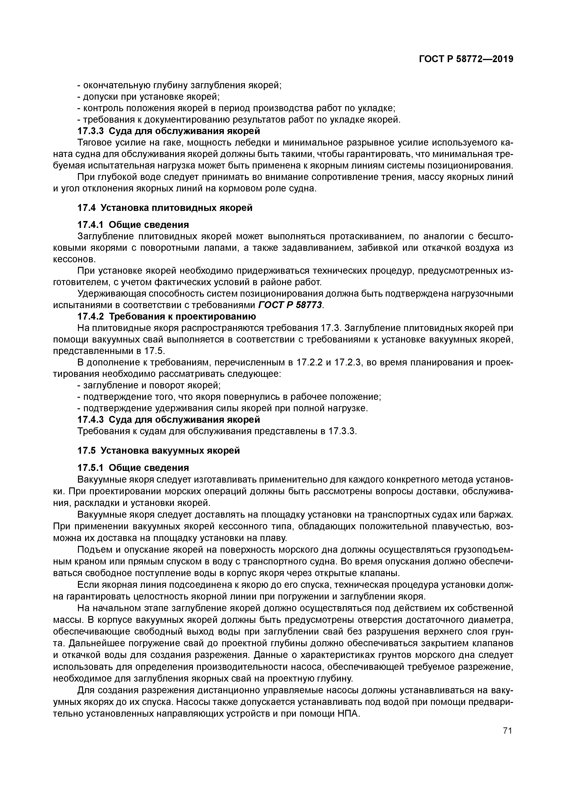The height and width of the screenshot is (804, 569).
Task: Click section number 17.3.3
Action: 90,131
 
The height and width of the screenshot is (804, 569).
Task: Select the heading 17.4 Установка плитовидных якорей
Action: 165,208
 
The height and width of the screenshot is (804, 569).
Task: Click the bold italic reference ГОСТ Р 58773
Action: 290,305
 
